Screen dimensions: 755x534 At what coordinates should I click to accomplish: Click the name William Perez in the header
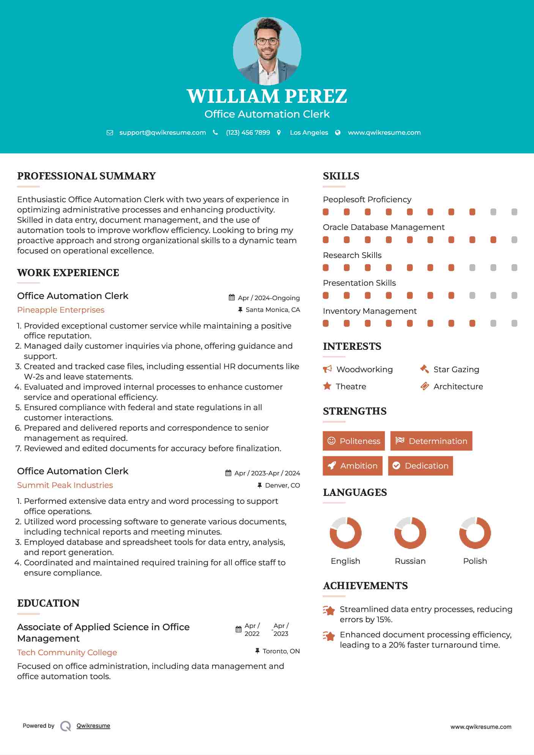267,96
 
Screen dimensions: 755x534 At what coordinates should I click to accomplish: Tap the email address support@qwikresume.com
162,132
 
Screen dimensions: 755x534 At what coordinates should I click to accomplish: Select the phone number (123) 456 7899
248,132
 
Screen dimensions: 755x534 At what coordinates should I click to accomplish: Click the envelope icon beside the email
110,133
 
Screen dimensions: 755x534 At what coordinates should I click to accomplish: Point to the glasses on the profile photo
267,41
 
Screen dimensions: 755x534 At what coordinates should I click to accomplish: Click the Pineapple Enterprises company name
61,310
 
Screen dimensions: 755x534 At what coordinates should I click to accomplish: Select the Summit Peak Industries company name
65,485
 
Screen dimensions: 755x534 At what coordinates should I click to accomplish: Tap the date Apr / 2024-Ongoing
269,298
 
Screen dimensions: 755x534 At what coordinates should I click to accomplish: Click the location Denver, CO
282,485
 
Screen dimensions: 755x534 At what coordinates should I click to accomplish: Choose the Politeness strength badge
354,441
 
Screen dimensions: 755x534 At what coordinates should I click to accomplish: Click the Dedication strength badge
421,466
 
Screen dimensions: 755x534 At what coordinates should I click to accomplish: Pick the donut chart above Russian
410,533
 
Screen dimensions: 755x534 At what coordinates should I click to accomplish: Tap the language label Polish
475,561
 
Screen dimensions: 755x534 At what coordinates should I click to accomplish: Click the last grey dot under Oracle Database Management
514,240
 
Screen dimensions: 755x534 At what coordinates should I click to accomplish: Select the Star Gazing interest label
456,370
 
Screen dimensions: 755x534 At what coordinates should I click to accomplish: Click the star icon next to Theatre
327,386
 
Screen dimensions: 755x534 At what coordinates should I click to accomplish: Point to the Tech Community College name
67,653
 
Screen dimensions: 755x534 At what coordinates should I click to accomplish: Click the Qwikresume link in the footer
93,726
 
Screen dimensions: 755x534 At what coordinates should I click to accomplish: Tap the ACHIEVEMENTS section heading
365,586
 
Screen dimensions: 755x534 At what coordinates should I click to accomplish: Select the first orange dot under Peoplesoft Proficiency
326,212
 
